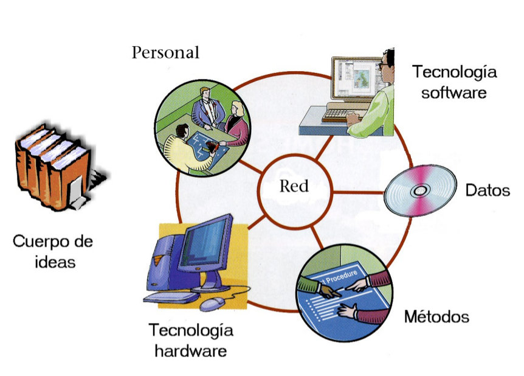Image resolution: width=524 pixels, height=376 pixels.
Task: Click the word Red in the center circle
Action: pos(294,187)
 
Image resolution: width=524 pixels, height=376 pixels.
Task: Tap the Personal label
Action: pos(165,53)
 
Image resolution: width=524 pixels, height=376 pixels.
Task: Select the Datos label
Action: pos(488,190)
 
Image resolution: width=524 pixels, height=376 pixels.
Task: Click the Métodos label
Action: pos(436,317)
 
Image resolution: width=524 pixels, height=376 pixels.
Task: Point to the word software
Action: pos(454,93)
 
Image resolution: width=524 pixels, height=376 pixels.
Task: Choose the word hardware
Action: pos(190,351)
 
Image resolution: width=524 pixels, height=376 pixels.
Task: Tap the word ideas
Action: pos(53,262)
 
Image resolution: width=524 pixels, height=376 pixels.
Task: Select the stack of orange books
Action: pos(51,164)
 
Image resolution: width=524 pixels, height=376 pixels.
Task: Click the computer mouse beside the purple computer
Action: pos(211,302)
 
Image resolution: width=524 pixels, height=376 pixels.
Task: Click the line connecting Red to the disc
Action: pos(359,192)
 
